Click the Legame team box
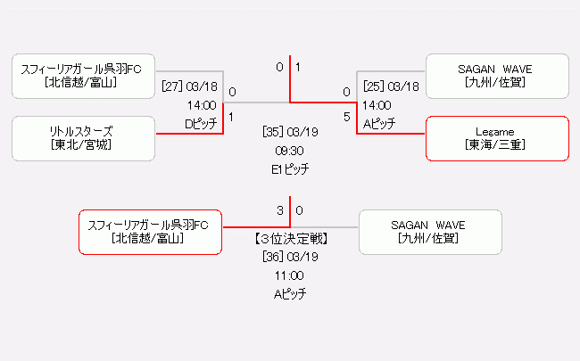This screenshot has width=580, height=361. tap(497, 138)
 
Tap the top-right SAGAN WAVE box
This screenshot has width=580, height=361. tap(497, 76)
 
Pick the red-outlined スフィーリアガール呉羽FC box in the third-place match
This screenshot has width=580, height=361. tap(150, 232)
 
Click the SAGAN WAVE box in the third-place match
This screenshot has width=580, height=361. tap(429, 232)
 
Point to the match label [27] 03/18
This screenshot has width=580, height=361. tap(190, 86)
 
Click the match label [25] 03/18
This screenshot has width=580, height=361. tap(391, 86)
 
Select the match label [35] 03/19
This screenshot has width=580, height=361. tap(291, 131)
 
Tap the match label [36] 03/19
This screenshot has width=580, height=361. tap(291, 256)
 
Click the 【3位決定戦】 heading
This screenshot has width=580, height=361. tap(291, 238)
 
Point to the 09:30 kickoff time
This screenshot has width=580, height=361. tap(291, 150)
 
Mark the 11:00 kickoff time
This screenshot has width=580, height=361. tap(291, 275)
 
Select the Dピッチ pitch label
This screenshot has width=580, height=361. tap(201, 124)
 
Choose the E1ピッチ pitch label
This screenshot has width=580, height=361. tap(291, 168)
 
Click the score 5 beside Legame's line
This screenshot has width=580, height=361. tap(346, 117)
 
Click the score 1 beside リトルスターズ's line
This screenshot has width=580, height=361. tap(232, 117)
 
